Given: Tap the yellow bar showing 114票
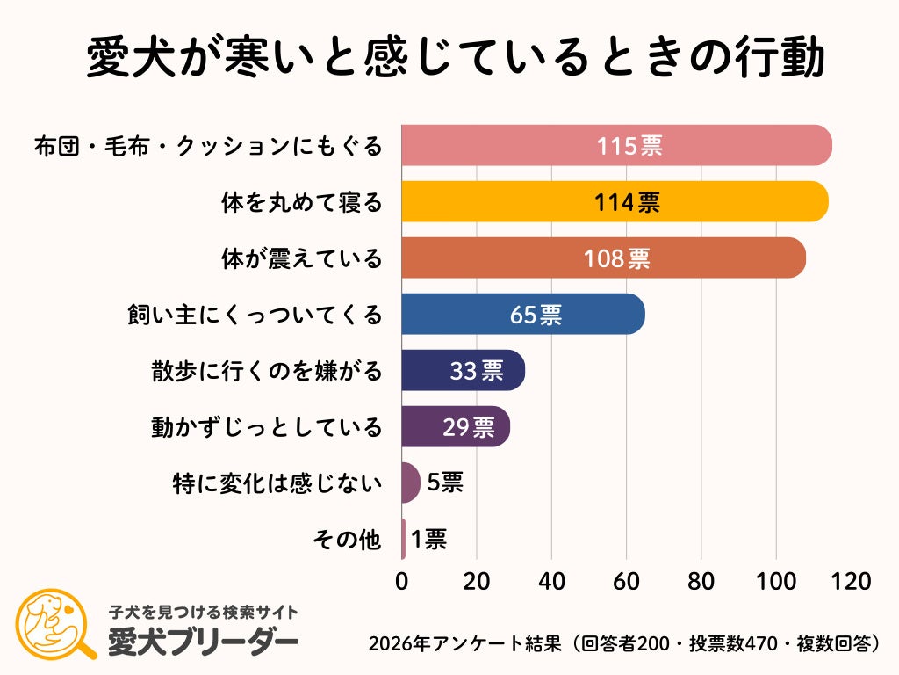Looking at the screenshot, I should pyautogui.click(x=615, y=201).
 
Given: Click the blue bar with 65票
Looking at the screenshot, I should pyautogui.click(x=522, y=314).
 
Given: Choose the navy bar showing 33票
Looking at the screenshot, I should pyautogui.click(x=463, y=370).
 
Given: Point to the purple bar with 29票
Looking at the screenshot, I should pyautogui.click(x=455, y=426).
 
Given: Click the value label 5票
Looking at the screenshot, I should pyautogui.click(x=445, y=483).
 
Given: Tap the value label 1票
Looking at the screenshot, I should pyautogui.click(x=428, y=539).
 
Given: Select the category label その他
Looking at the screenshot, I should pyautogui.click(x=348, y=539).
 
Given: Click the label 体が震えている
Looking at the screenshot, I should pyautogui.click(x=301, y=258).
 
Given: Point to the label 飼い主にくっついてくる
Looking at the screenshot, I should pyautogui.click(x=255, y=315).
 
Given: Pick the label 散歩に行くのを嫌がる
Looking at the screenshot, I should pyautogui.click(x=267, y=371).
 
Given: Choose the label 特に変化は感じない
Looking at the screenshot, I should pyautogui.click(x=278, y=483).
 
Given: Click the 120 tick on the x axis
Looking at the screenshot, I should pyautogui.click(x=851, y=581).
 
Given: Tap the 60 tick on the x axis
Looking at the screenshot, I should pyautogui.click(x=626, y=581).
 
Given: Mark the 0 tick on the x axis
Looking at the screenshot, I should pyautogui.click(x=402, y=581).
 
